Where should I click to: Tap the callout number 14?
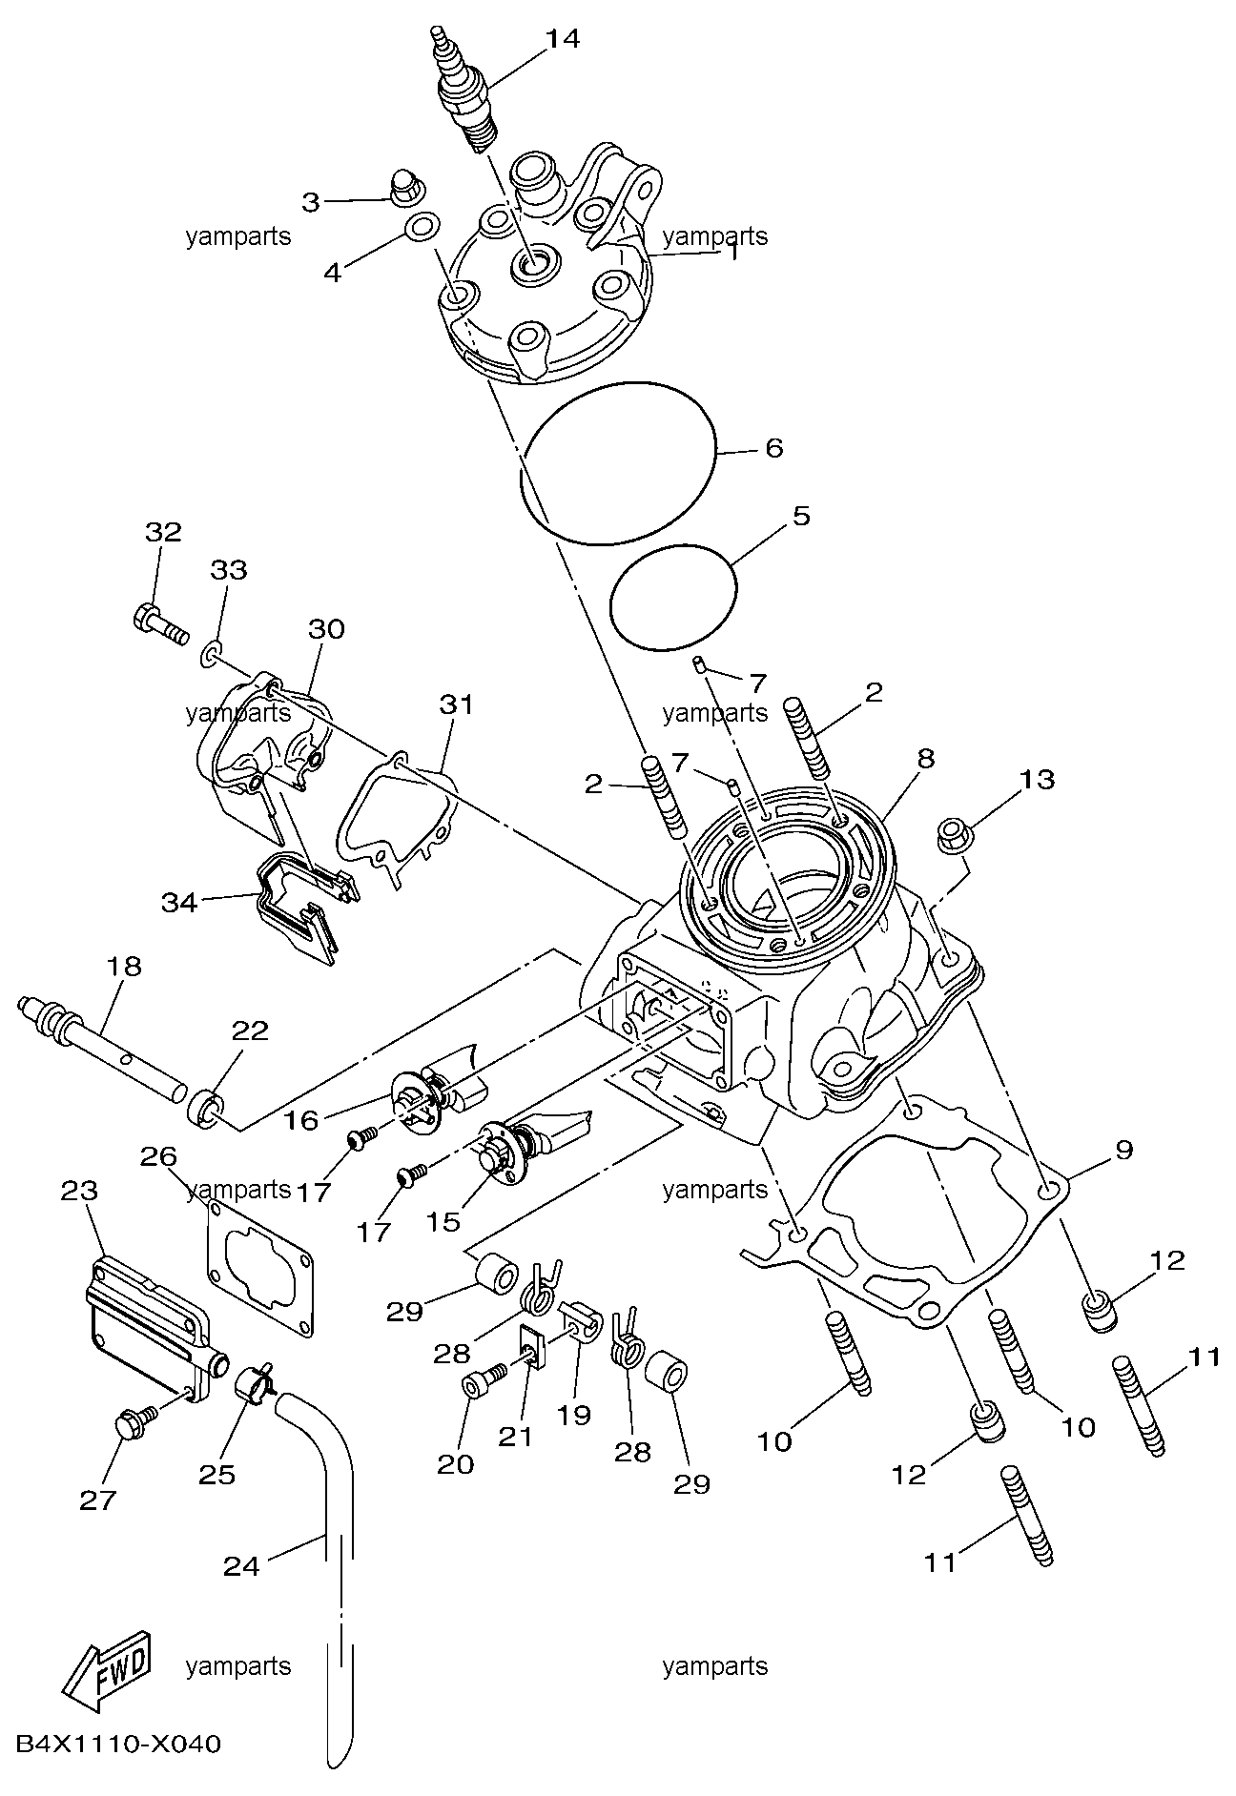pyautogui.click(x=563, y=38)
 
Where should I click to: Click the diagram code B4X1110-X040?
pyautogui.click(x=119, y=1745)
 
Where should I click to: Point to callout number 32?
pyautogui.click(x=163, y=532)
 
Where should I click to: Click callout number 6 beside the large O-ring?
pyautogui.click(x=773, y=447)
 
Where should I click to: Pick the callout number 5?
pyautogui.click(x=801, y=516)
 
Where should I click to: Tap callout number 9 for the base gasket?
pyautogui.click(x=1124, y=1150)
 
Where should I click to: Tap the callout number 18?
pyautogui.click(x=124, y=966)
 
